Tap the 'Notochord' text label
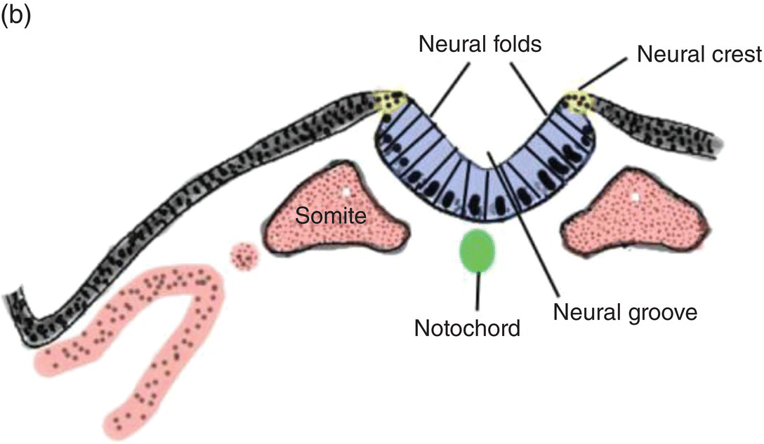(467, 328)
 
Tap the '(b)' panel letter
(15, 16)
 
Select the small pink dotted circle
(245, 255)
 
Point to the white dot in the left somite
(345, 191)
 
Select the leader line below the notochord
(477, 291)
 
